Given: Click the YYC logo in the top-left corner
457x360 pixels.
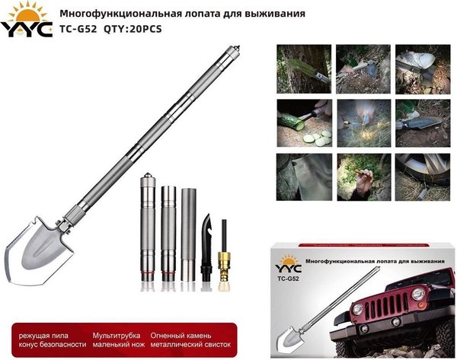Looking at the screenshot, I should pos(26,21).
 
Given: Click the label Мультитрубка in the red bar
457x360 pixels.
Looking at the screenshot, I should pos(117,335).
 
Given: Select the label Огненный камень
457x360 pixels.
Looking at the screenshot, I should pos(182,335).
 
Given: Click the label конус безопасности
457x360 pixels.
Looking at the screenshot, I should pos(46,346).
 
